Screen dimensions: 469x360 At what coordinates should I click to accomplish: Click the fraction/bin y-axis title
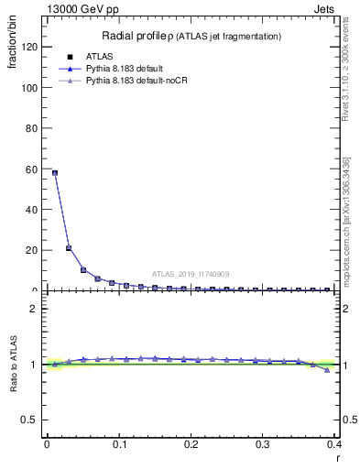click(x=13, y=54)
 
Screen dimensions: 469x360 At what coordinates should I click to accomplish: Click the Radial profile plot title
click(x=191, y=36)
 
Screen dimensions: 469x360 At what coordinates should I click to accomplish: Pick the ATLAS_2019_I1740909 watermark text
click(x=191, y=273)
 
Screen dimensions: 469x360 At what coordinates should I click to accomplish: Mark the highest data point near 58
click(x=55, y=172)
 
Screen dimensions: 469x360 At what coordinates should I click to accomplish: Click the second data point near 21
click(x=69, y=248)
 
